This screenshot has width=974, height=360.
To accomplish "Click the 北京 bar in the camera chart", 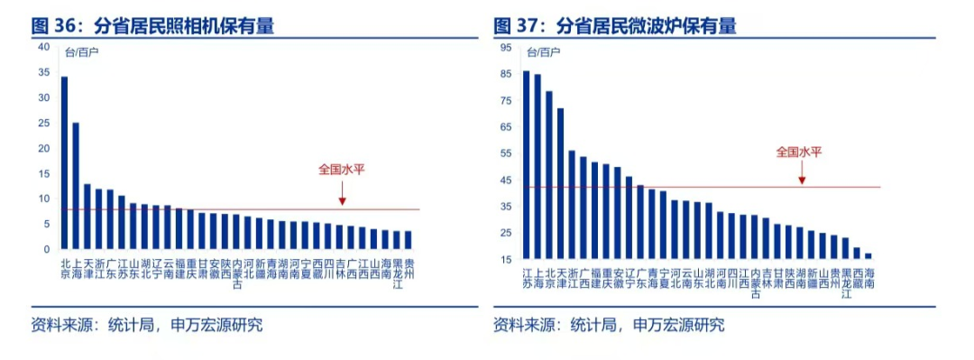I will tap(64, 162).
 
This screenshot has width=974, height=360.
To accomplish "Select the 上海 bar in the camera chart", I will tap(76, 185).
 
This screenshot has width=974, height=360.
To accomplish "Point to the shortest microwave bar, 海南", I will tap(868, 256).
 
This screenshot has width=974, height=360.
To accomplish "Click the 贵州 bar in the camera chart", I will tap(408, 239).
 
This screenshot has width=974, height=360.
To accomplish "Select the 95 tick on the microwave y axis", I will tap(505, 47).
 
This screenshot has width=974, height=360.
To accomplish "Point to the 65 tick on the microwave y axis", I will tap(505, 127).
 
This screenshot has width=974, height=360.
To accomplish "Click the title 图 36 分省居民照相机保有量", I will tap(152, 26).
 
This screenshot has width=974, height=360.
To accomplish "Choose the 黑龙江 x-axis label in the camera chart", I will tap(396, 272).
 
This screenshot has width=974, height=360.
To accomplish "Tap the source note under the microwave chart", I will tap(609, 325).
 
